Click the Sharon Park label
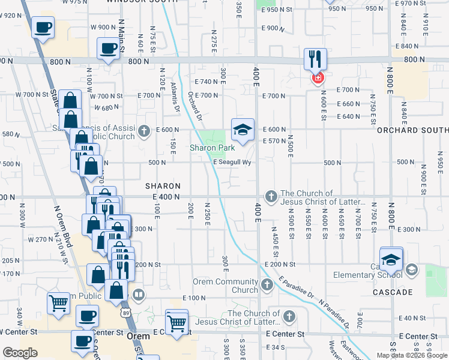pos(212,148)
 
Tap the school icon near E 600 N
pos(243,130)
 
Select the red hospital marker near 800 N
pos(316,77)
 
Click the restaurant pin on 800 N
pos(315,59)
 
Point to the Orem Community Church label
pos(225,286)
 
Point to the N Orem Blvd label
pos(64,225)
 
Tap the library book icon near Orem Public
pos(139,295)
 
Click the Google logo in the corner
pos(20,353)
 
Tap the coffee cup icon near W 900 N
pos(43,28)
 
